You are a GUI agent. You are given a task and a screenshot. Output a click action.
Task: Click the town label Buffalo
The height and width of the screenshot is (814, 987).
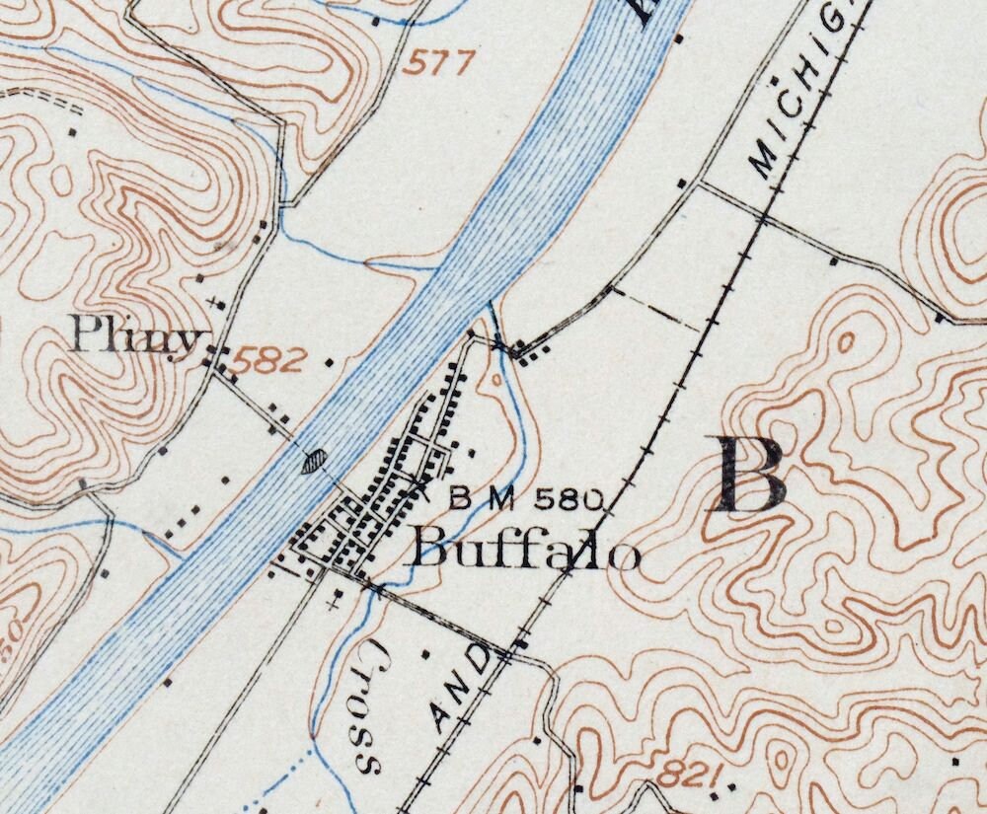526,549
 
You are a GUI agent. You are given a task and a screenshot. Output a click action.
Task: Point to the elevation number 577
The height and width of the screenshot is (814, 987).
438,64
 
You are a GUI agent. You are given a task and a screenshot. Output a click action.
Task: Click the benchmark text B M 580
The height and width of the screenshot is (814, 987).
526,499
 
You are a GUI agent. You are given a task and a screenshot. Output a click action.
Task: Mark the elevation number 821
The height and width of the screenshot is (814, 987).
687,775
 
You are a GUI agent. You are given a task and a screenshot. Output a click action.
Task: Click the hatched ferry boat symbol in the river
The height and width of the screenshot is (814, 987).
314,460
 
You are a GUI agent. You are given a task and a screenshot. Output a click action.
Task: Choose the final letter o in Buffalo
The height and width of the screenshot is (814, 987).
624,555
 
